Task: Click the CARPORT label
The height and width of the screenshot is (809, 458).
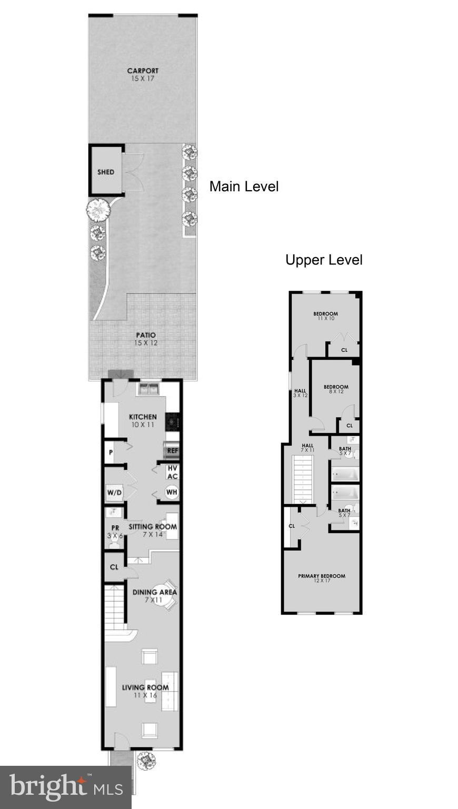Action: pyautogui.click(x=143, y=71)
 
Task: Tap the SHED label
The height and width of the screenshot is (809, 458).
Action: pyautogui.click(x=106, y=172)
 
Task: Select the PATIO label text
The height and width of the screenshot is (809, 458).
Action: pyautogui.click(x=146, y=335)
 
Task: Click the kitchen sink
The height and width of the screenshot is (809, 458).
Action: pyautogui.click(x=148, y=389)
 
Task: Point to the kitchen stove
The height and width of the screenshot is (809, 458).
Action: pyautogui.click(x=172, y=421)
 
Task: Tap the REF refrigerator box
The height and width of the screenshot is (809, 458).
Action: pyautogui.click(x=172, y=450)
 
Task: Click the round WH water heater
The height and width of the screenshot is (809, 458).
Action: pyautogui.click(x=172, y=492)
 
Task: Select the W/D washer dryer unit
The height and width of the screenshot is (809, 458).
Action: pyautogui.click(x=114, y=492)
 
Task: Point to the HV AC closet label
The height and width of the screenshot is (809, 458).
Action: pyautogui.click(x=173, y=472)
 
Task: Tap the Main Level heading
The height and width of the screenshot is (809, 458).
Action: pyautogui.click(x=244, y=186)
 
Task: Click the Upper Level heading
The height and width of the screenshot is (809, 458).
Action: pyautogui.click(x=324, y=260)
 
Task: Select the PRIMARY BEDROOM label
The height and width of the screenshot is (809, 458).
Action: pyautogui.click(x=322, y=576)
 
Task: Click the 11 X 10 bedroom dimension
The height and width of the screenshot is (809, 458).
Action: pyautogui.click(x=326, y=319)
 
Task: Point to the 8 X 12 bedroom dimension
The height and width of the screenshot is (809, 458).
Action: pyautogui.click(x=336, y=391)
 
